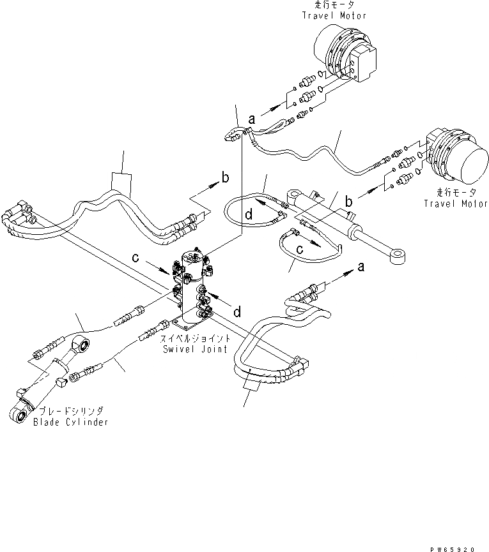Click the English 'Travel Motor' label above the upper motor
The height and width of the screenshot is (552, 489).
point(334,15)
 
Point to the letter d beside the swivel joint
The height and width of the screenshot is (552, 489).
point(237,312)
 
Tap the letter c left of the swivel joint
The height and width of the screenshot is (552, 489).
point(136,258)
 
